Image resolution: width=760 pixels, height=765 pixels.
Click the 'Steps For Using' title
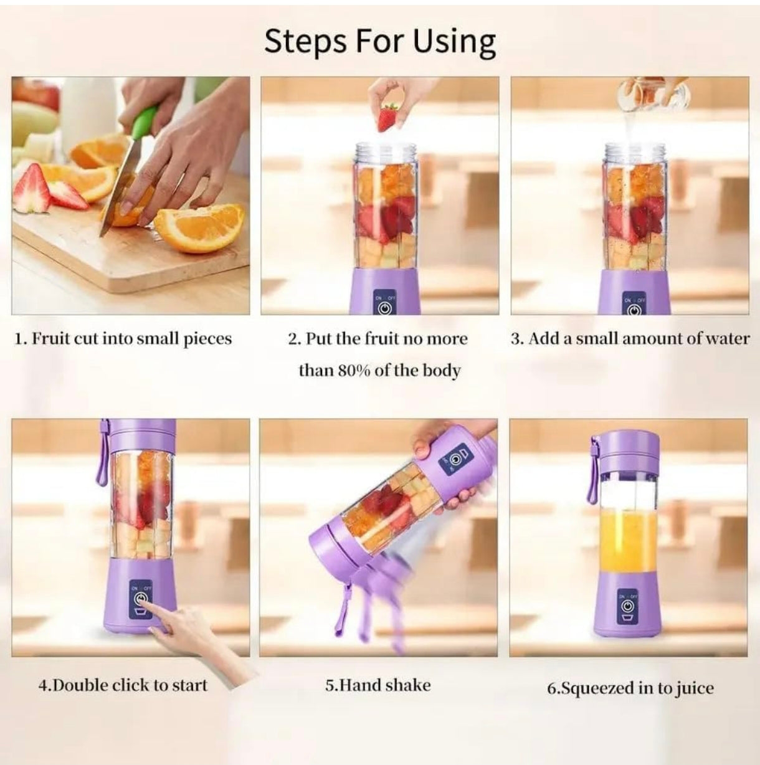click(379, 42)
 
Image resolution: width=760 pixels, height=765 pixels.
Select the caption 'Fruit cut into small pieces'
click(123, 339)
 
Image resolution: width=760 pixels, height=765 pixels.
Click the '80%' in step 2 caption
click(354, 371)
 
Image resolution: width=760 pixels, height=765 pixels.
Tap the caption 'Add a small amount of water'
click(630, 339)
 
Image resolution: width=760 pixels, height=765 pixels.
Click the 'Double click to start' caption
click(123, 685)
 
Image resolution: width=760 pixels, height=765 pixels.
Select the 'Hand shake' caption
click(378, 685)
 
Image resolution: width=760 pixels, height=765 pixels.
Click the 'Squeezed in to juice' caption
click(630, 688)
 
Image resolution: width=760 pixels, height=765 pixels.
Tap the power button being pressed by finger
click(141, 599)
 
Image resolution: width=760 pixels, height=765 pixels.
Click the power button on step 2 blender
click(384, 308)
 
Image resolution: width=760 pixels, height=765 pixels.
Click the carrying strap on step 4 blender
click(102, 455)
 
